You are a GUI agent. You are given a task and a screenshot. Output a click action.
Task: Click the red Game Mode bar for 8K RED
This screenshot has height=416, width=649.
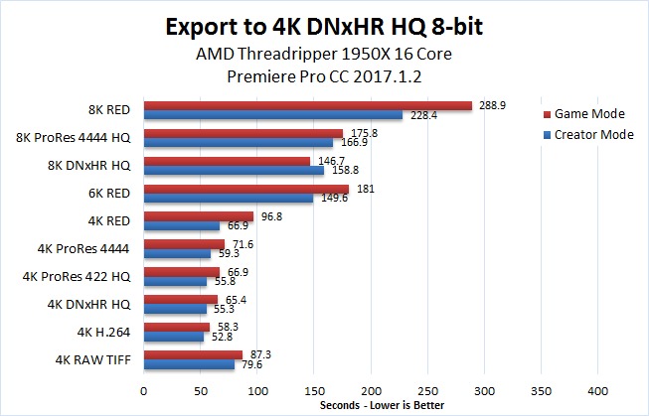(308, 105)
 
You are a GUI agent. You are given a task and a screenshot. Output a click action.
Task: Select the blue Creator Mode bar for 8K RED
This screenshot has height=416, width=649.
(273, 115)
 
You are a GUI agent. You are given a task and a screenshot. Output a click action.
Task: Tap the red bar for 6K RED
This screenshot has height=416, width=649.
(246, 188)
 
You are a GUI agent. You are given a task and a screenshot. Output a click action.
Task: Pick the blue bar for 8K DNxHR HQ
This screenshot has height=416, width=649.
(234, 170)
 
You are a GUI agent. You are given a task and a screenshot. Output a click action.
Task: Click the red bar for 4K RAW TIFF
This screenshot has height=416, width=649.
(194, 353)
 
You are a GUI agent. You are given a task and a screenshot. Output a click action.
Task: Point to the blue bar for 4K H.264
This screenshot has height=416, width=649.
(174, 336)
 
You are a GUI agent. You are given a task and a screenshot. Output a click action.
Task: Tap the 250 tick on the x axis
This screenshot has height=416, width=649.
(427, 391)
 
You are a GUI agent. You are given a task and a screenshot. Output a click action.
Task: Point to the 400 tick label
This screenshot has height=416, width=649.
(598, 391)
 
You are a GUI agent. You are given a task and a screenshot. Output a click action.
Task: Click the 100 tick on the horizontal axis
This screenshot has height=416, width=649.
(257, 391)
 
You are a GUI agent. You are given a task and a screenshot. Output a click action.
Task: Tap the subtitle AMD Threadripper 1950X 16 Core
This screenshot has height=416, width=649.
(324, 53)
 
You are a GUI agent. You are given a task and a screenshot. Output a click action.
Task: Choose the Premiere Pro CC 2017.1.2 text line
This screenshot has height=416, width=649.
(324, 74)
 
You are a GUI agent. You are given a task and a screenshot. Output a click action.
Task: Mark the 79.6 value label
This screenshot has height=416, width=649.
(249, 363)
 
